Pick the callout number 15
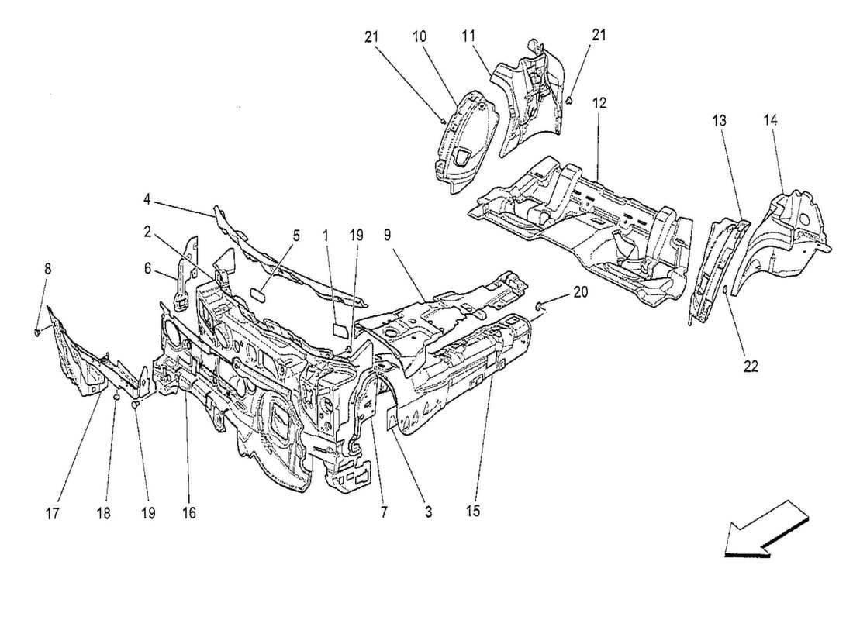click(x=473, y=511)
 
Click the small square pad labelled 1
click(x=340, y=329)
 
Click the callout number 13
click(x=720, y=121)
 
